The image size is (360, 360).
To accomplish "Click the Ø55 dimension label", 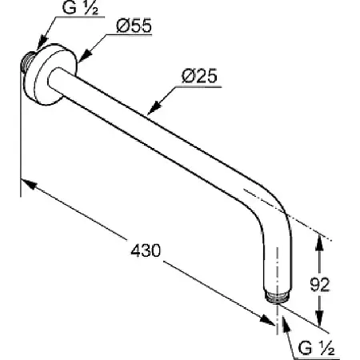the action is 134,26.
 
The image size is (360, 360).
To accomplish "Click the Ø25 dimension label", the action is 199,76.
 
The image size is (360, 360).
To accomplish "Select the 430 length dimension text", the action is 146,250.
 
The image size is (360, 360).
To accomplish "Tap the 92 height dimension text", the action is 320,285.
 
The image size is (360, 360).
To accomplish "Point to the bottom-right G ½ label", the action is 316,348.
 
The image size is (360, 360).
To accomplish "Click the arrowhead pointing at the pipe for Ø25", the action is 154,107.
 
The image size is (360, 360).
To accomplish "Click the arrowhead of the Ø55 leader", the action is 85,55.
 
